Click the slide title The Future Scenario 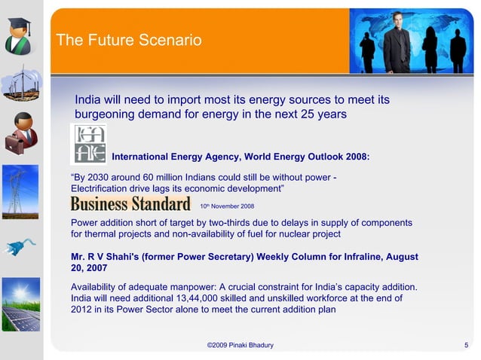pos(129,41)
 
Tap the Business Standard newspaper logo pos(130,204)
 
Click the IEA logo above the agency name pos(88,143)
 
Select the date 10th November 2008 pos(227,206)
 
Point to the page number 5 pos(467,345)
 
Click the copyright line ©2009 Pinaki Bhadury pos(240,345)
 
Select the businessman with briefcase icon pos(21,134)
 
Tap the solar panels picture pos(20,305)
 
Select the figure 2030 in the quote pos(103,177)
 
